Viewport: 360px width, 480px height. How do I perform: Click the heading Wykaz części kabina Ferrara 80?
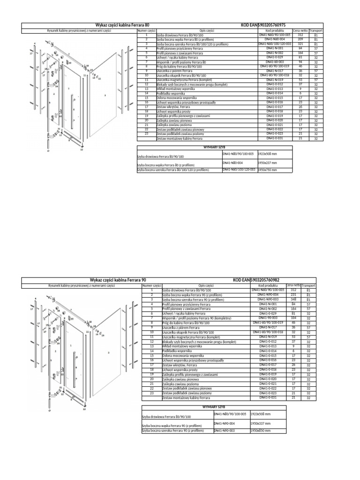click(122, 24)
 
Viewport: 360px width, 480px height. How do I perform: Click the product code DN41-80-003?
click(275, 62)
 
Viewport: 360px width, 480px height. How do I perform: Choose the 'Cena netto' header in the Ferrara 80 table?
click(300, 30)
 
